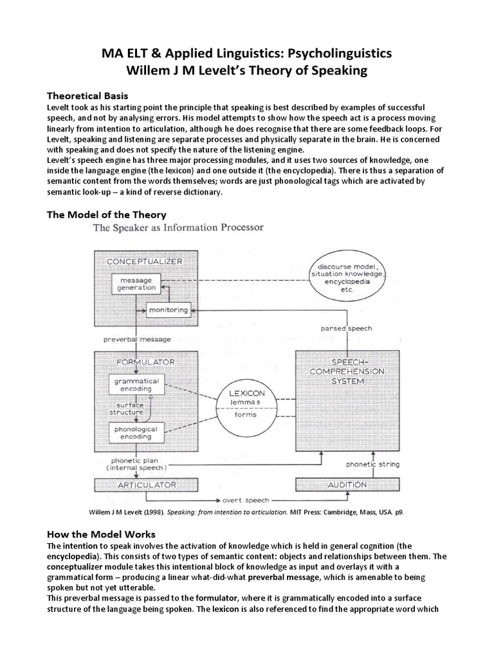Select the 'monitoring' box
click(x=168, y=310)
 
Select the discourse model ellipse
click(x=348, y=276)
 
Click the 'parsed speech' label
click(x=347, y=328)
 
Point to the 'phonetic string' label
click(x=373, y=463)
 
